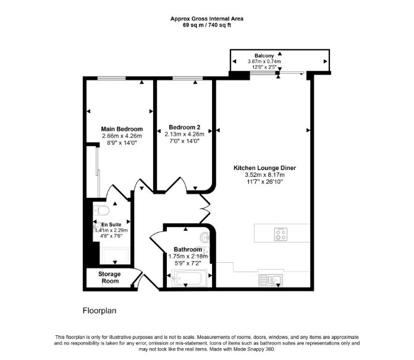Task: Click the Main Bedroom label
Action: [x=122, y=129]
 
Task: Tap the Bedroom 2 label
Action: [x=185, y=127]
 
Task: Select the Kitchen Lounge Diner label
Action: [x=264, y=168]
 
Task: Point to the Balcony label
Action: [x=264, y=56]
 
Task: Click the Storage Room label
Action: [x=109, y=278]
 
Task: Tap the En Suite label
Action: [x=111, y=225]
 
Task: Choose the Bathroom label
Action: [x=188, y=249]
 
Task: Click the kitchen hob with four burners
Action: [x=281, y=234]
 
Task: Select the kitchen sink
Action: [x=271, y=280]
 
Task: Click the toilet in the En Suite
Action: [x=101, y=211]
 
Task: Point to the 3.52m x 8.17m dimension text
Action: [x=264, y=174]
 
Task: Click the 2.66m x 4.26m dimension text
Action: [x=122, y=136]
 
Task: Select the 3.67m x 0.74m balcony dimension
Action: [x=264, y=61]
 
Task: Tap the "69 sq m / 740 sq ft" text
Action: [x=207, y=25]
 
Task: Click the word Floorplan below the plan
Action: [x=99, y=311]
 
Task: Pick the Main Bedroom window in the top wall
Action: [x=111, y=78]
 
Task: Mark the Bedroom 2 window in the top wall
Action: [x=187, y=78]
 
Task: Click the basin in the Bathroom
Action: [x=205, y=237]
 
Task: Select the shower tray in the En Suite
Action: [x=115, y=255]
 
